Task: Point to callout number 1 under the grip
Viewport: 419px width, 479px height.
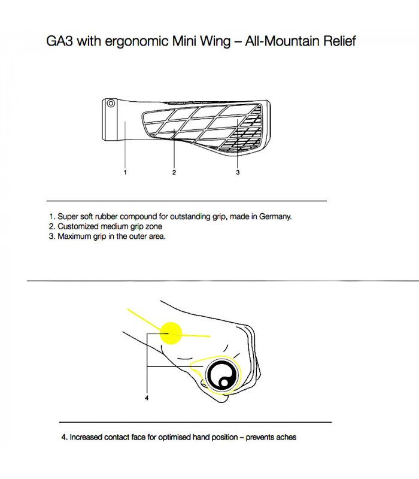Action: click(125, 172)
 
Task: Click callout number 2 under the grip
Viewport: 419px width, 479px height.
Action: click(174, 172)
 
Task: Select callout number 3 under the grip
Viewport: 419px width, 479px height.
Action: click(238, 172)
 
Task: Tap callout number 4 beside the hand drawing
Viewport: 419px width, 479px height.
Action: click(147, 398)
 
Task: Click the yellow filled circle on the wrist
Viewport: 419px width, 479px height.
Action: click(170, 333)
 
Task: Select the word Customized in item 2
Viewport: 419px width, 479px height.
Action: click(78, 226)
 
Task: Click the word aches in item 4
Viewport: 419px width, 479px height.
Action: click(286, 437)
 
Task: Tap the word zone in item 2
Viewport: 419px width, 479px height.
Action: click(153, 226)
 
